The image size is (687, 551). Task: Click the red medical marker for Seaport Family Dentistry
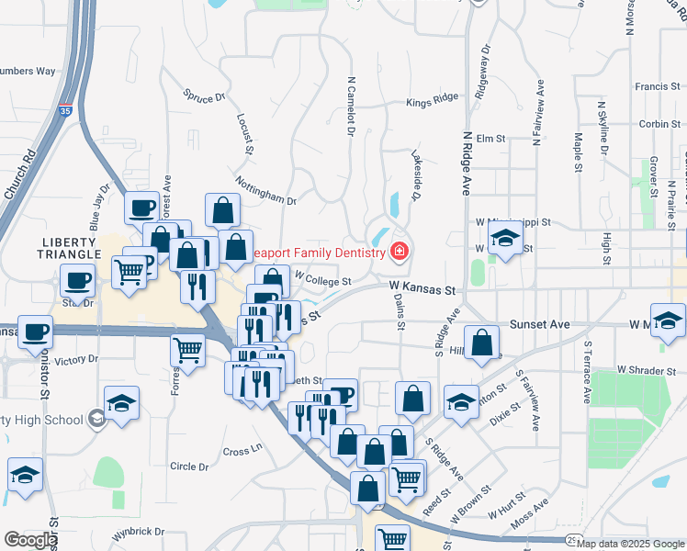click(x=400, y=250)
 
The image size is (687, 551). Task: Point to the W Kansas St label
click(x=422, y=289)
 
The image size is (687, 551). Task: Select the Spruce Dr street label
click(x=204, y=96)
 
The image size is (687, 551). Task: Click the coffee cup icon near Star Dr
click(x=77, y=279)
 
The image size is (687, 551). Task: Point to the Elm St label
click(x=491, y=138)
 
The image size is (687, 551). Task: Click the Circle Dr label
click(x=189, y=467)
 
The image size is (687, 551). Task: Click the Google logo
click(x=30, y=539)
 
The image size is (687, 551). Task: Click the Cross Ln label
click(x=242, y=451)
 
